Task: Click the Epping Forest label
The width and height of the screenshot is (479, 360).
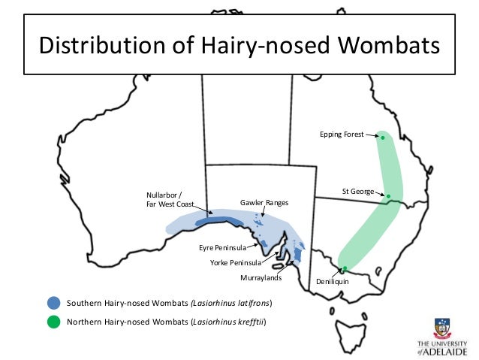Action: (x=342, y=135)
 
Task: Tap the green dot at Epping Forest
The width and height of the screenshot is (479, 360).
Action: (x=382, y=138)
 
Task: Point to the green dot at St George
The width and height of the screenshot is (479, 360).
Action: (x=388, y=196)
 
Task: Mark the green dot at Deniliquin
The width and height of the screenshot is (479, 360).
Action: (x=343, y=268)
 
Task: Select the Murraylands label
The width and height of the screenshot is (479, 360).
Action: (x=261, y=278)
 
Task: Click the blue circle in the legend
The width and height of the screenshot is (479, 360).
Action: (x=53, y=303)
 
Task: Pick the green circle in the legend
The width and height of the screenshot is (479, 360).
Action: (x=53, y=322)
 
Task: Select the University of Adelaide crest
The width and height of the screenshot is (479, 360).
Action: (x=443, y=328)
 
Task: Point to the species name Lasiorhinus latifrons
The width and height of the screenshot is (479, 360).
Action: (x=232, y=303)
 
